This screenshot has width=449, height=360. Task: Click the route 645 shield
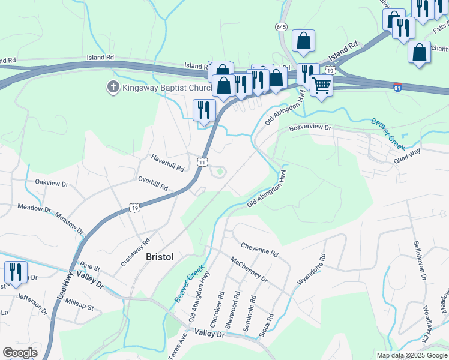pos(282,27)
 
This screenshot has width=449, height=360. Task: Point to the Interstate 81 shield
pos(397,87)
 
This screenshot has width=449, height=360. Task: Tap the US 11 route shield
pos(203,162)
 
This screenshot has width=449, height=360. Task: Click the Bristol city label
pos(160,256)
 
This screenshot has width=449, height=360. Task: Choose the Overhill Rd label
pos(153,183)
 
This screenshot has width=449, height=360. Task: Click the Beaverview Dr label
pos(310,127)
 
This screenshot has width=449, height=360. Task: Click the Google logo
pos(20,353)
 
